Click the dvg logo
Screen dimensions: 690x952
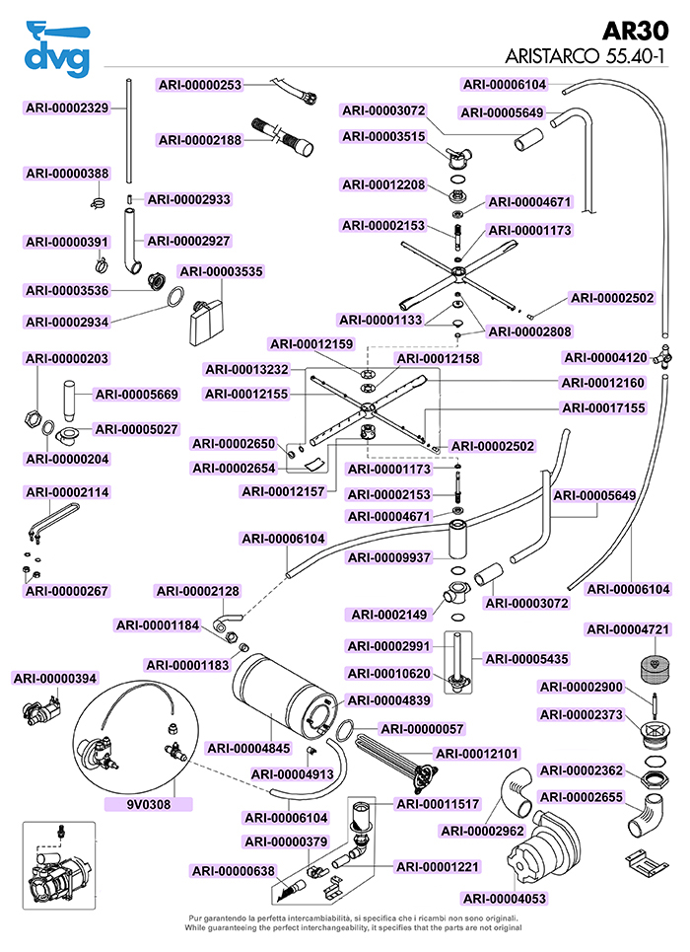point(57,49)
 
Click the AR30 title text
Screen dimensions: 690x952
point(636,31)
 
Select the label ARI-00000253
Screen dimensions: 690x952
point(200,85)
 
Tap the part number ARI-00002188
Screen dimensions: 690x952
point(200,140)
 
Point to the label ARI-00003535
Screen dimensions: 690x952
point(222,271)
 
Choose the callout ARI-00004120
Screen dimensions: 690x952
point(605,357)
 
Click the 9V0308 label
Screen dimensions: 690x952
point(149,804)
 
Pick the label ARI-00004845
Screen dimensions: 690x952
point(248,748)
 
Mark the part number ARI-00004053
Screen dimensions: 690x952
point(505,899)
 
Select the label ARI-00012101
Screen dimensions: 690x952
point(478,754)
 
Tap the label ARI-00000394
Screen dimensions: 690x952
point(55,678)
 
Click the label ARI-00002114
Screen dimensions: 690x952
point(67,492)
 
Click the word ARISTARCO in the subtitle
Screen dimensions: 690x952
point(552,56)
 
